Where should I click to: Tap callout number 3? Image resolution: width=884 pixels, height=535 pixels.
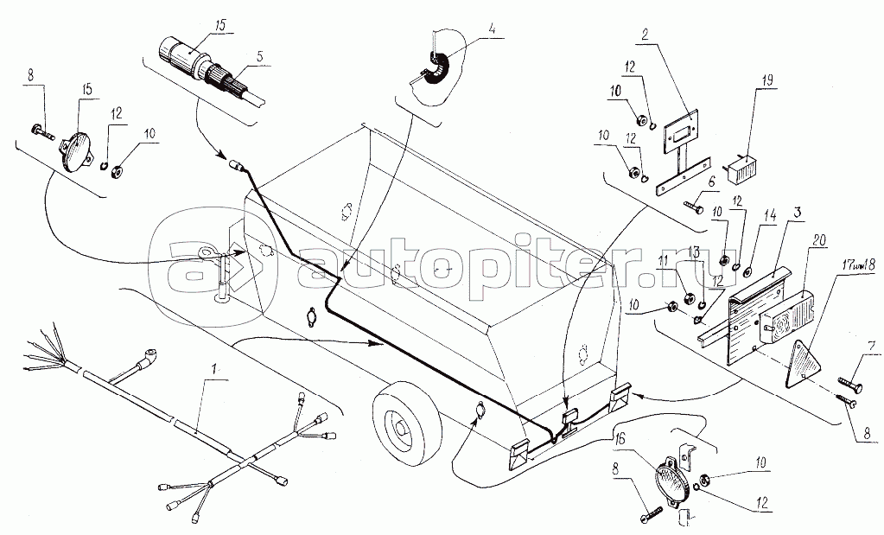point(792,212)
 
